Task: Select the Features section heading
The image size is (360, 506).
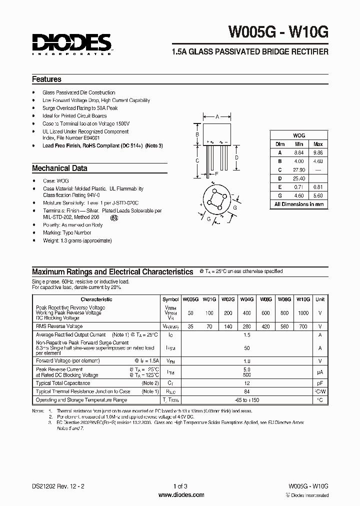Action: coord(46,79)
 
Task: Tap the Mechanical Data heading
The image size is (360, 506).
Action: coord(59,168)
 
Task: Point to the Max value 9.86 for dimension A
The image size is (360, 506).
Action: coord(318,152)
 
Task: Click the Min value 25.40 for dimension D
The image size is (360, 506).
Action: coord(299,178)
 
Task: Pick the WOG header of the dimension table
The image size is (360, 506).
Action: coord(299,135)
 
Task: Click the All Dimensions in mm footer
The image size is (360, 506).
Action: coord(299,204)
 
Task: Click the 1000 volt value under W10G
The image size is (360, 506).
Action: coord(303,312)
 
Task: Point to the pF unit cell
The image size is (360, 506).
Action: coord(320,383)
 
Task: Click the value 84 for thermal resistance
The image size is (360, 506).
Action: coord(246,391)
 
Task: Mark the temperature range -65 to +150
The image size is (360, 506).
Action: coord(246,400)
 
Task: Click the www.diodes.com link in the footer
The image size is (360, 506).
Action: coord(180,495)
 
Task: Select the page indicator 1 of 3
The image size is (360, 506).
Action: coord(180,486)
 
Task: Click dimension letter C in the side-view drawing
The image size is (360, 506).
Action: coord(197,160)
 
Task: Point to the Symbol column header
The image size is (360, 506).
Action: coord(170,299)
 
